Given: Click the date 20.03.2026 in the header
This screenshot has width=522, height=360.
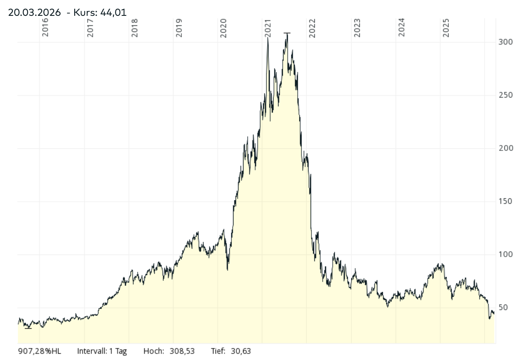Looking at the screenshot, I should (34, 12).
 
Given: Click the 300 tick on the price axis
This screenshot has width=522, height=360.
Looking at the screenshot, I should (505, 42).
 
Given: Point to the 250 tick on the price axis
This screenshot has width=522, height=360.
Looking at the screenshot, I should (505, 95).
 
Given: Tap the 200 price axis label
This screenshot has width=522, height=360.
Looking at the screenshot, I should (505, 148).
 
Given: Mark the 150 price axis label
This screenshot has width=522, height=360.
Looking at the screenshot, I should (505, 202).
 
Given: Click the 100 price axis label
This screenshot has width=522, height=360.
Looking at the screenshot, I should (505, 255).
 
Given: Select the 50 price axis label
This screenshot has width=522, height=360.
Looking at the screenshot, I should (503, 307).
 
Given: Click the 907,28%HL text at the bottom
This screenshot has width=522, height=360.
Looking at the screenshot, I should (40, 351).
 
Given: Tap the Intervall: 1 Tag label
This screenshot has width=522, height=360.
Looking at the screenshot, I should (102, 351).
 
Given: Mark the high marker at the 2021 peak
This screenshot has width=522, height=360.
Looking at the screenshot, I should (287, 33).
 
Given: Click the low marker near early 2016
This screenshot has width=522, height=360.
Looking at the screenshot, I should (28, 328).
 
